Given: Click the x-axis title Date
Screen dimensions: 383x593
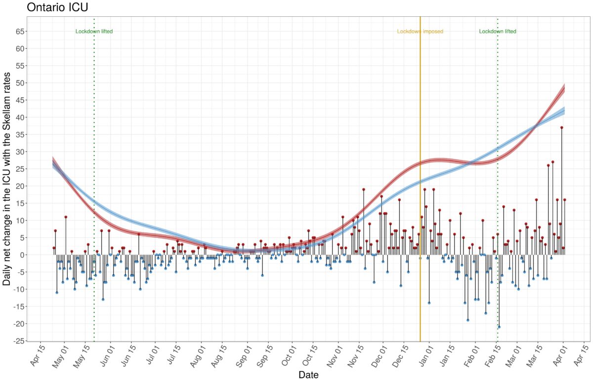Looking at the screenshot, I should [308, 375].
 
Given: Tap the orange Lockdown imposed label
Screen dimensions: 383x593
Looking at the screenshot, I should [420, 32].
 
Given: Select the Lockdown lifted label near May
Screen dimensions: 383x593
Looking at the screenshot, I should [94, 32].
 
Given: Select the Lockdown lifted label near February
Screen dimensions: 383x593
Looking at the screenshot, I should [498, 32].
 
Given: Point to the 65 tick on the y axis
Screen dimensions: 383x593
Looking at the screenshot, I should [17, 31].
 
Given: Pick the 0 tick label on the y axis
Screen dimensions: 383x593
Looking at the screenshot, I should [19, 255].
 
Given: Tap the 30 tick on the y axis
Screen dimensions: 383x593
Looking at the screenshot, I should [17, 152].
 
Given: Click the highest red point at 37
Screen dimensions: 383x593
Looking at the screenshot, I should [562, 127].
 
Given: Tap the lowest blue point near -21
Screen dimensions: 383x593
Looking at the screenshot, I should [499, 327].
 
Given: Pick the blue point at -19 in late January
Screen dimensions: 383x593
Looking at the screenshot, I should [467, 320].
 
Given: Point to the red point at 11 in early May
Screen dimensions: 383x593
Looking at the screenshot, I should [66, 217].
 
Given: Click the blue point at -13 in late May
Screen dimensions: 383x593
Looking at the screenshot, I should [103, 300].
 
